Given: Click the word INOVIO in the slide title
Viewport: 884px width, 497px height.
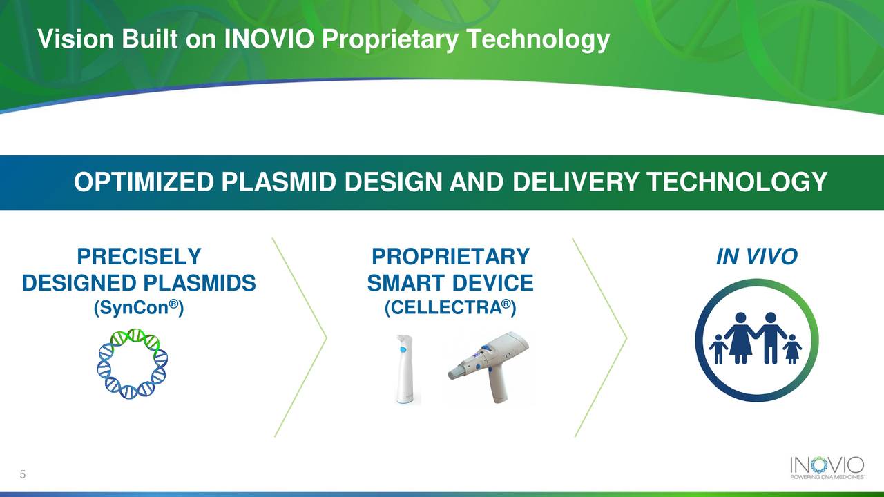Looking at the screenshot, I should click(270, 40).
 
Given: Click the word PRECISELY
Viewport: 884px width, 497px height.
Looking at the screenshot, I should click(139, 257).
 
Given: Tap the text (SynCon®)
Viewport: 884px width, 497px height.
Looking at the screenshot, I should click(138, 309).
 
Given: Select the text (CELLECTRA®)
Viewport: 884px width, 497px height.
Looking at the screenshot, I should click(450, 309).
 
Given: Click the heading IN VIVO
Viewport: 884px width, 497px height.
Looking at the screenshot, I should click(756, 257).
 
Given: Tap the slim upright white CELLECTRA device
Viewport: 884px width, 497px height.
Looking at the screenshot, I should click(405, 369).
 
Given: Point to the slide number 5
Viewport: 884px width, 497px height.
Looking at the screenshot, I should click(23, 475).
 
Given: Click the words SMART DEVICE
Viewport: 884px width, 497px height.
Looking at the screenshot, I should click(450, 283).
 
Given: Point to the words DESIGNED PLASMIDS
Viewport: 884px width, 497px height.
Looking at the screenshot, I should click(139, 283).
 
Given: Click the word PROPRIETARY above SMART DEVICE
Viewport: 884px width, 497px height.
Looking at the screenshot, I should click(450, 257).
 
